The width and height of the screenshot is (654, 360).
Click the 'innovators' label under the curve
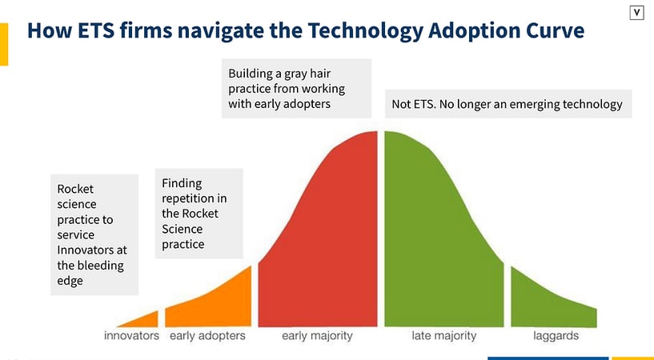[x=131, y=336]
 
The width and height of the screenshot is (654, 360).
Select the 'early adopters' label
[x=207, y=336]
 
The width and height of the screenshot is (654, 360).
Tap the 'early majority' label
[x=317, y=336]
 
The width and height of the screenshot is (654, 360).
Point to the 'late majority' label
[x=443, y=336]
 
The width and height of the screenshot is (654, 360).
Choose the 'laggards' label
[x=556, y=336]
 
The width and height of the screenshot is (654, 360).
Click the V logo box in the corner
[x=637, y=12]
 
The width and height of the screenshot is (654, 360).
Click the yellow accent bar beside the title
[x=4, y=44]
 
